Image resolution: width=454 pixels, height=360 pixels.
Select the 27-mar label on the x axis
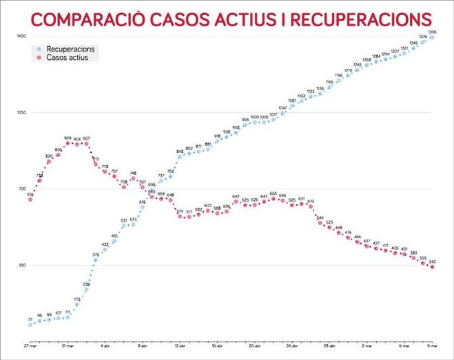tap(30, 346)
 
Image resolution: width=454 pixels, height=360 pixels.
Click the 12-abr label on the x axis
tap(180, 346)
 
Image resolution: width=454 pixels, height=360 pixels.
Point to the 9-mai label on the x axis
tap(432, 346)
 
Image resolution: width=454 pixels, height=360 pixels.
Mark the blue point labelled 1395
tap(432, 38)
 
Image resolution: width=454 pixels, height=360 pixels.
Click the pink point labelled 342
tap(432, 267)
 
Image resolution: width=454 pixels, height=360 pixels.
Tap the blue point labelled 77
tap(30, 324)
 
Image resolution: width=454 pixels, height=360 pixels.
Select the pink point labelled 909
tap(68, 143)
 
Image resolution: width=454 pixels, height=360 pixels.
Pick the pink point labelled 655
tap(273, 199)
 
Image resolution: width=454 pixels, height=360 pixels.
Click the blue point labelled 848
tap(180, 156)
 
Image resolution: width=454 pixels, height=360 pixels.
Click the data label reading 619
tap(311, 201)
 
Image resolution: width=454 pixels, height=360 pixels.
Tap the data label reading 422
tap(105, 244)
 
